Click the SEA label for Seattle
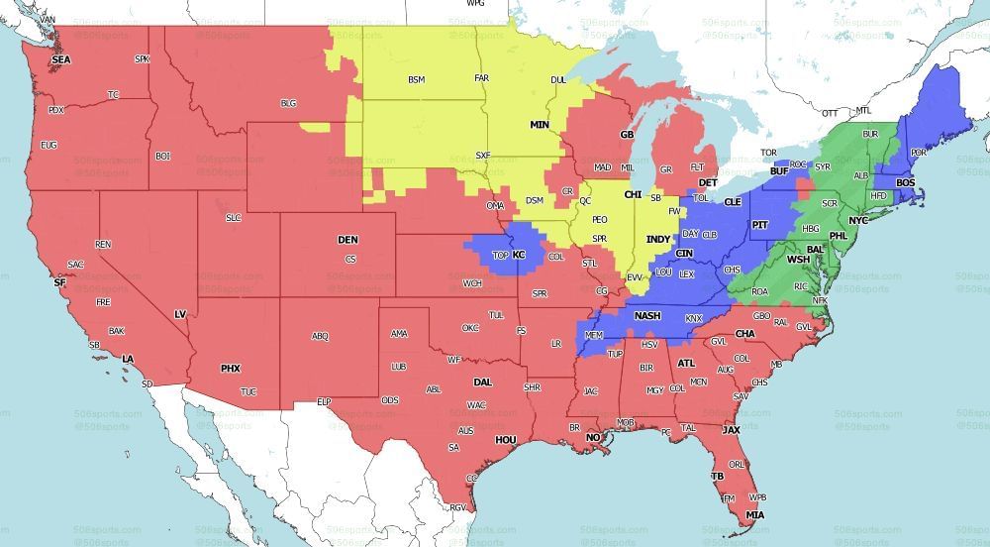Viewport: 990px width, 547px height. (x=61, y=59)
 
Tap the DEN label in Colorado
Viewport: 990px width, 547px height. (x=347, y=240)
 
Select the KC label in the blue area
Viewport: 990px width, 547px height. (x=518, y=255)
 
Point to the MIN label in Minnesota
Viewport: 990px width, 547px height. (x=540, y=125)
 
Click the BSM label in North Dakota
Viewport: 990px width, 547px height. (x=416, y=79)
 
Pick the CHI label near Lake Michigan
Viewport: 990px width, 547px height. (x=633, y=194)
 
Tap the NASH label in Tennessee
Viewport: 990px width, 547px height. (x=647, y=316)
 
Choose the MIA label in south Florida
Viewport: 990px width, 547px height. (x=755, y=515)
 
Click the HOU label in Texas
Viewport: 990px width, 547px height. (x=506, y=439)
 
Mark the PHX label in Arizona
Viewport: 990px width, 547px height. (x=231, y=369)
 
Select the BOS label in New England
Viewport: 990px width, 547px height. (x=906, y=182)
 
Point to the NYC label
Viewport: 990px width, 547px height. (x=857, y=220)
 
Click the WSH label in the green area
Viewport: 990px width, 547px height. (x=798, y=260)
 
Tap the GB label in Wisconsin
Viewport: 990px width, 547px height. (x=626, y=134)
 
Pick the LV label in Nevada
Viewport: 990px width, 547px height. (x=180, y=314)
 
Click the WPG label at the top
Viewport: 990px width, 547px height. (x=477, y=4)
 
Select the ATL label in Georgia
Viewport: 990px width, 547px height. (x=686, y=364)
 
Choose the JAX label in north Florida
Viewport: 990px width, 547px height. (x=731, y=430)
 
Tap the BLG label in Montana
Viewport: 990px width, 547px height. (x=288, y=103)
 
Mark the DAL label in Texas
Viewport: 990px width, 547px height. (x=482, y=382)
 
